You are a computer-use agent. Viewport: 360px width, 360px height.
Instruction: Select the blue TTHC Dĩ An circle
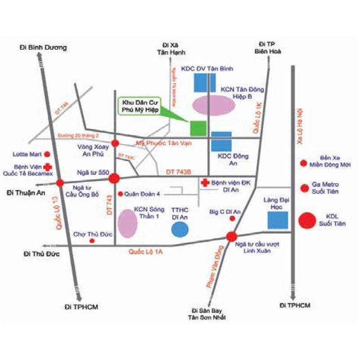(180, 229)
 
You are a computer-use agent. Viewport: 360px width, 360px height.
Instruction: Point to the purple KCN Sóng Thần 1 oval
(127, 222)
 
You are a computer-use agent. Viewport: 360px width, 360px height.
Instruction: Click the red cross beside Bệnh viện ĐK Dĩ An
(205, 183)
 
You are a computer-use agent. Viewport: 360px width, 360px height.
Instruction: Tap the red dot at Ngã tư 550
(114, 178)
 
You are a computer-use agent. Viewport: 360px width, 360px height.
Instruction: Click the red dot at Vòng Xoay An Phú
(115, 143)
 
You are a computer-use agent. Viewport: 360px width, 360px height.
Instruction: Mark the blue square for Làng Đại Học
(278, 220)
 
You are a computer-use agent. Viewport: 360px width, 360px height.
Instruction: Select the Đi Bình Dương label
(43, 47)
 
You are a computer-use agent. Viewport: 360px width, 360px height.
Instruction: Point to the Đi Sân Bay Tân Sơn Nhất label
(207, 314)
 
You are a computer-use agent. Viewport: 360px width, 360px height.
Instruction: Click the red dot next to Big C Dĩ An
(232, 218)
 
